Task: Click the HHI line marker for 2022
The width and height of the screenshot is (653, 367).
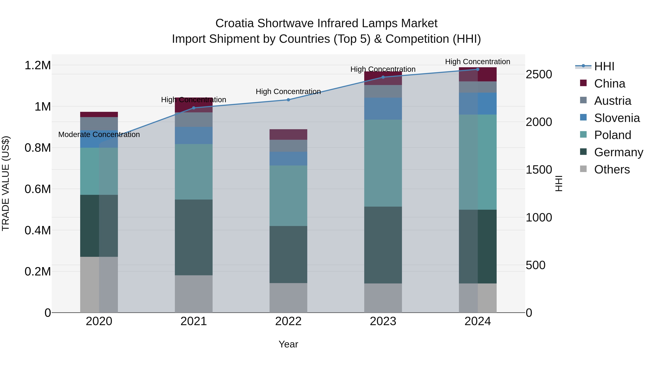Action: [x=288, y=100]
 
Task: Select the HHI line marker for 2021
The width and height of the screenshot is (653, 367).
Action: [x=194, y=108]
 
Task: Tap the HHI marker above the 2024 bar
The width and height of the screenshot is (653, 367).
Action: [x=478, y=69]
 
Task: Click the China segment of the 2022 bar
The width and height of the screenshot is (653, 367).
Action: [x=288, y=134]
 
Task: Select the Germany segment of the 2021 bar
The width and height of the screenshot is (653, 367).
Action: [x=194, y=237]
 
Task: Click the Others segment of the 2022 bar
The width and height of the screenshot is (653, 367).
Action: [x=288, y=298]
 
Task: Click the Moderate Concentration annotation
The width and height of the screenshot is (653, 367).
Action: [x=99, y=134]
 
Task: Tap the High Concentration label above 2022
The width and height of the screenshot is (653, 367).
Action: [x=288, y=92]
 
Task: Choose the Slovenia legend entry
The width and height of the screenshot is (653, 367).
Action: [x=617, y=118]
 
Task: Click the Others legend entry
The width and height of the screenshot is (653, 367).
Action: [x=612, y=169]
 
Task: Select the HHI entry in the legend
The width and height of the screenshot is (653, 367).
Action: [x=604, y=66]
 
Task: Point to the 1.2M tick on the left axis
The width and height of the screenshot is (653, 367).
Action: [x=38, y=65]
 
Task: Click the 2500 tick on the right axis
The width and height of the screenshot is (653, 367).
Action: [x=539, y=74]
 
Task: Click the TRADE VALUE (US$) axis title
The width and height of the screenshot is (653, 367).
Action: [x=6, y=183]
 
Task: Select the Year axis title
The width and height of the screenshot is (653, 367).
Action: [x=288, y=344]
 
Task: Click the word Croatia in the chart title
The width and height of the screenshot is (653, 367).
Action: [x=235, y=23]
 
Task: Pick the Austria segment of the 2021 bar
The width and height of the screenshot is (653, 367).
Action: [x=194, y=120]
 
